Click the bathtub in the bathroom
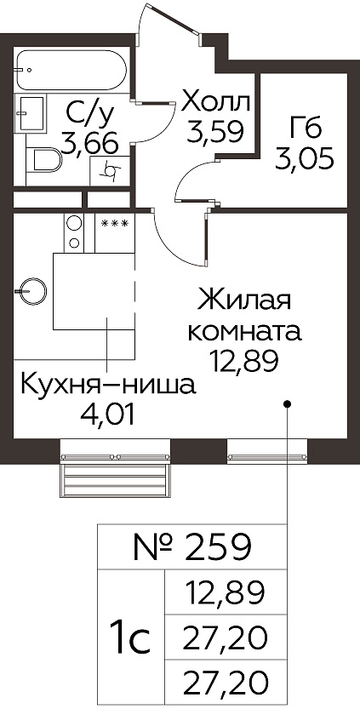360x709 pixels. coord(71,70)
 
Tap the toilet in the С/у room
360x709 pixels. coord(44,161)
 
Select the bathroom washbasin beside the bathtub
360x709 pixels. coord(31,113)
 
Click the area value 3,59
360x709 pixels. coord(216,132)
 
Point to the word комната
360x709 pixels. coord(244,332)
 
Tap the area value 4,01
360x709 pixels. coord(107,416)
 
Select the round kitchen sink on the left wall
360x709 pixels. coord(31,291)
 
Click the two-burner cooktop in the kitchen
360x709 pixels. coord(74,232)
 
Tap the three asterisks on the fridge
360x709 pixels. coord(115,223)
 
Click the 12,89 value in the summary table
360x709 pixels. coord(226,592)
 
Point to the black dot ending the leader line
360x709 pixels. coord(287,403)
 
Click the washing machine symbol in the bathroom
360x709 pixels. coord(110,170)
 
